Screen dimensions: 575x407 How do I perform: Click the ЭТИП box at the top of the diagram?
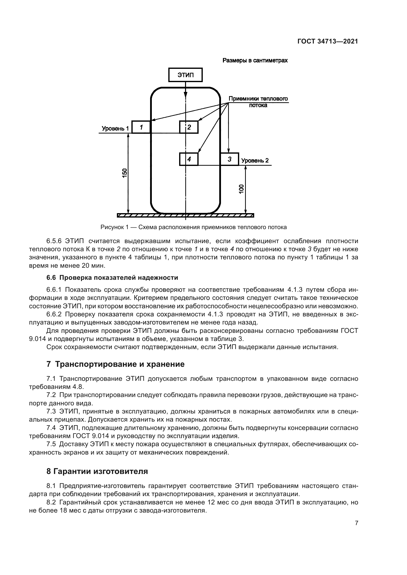click(x=186, y=75)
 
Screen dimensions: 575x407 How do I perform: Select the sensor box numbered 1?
click(x=141, y=127)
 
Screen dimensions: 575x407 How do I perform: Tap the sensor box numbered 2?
click(x=189, y=127)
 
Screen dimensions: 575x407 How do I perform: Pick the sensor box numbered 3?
click(x=229, y=159)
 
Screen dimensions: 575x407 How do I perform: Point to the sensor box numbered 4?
click(x=189, y=159)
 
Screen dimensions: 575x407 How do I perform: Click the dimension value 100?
click(x=241, y=189)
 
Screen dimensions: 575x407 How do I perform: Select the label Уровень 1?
click(x=115, y=129)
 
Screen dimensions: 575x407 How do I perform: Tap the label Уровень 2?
click(x=255, y=161)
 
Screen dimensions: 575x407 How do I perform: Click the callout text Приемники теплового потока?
click(x=258, y=102)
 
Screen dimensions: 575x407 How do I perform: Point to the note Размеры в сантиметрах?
click(x=255, y=60)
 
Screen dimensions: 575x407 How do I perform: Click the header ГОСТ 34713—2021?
click(x=328, y=42)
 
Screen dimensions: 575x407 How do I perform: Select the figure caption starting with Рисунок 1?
click(x=193, y=227)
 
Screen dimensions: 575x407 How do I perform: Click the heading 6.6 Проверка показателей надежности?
click(x=112, y=278)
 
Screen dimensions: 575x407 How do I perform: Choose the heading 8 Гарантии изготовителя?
click(x=97, y=472)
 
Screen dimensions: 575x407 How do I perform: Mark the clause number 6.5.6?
click(x=54, y=241)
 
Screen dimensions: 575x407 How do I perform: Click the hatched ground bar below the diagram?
click(x=186, y=215)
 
